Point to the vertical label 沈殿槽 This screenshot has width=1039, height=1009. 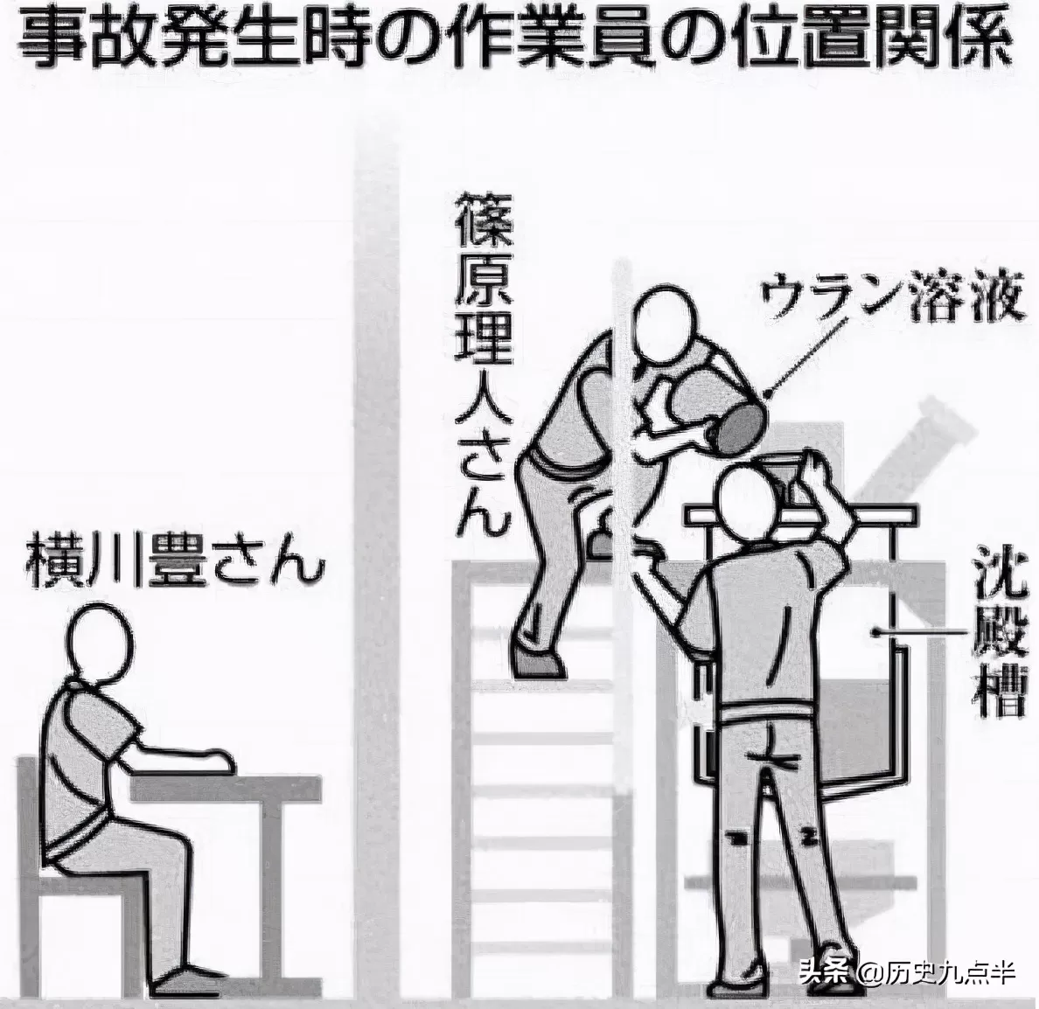click(x=999, y=636)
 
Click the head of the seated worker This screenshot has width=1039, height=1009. click(x=102, y=644)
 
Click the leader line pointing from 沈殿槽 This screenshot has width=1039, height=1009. click(x=917, y=632)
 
